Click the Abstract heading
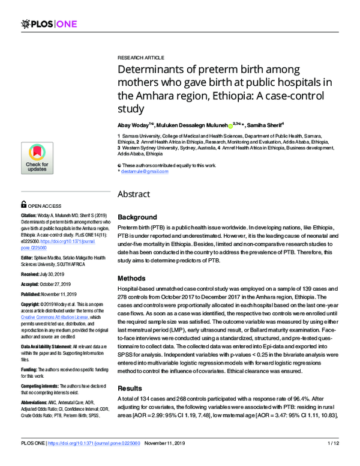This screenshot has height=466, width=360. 137,195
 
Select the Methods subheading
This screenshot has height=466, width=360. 133,279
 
